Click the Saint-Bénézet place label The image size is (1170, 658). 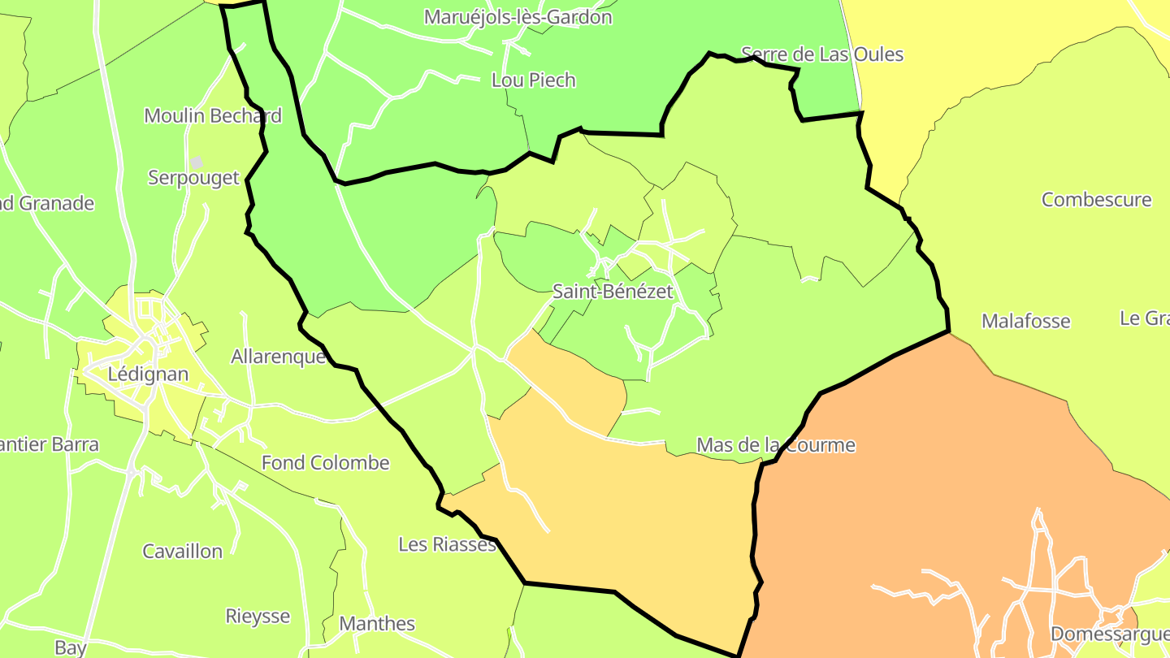613,291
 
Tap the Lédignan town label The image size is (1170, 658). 148,374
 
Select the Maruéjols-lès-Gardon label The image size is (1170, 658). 518,16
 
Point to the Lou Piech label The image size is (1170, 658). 534,80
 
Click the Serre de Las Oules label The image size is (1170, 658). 822,54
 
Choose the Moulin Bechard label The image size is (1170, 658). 213,115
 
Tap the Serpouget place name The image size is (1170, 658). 193,177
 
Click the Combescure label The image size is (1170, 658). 1097,199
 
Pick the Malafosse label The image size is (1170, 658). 1026,321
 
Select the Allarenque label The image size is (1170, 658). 279,356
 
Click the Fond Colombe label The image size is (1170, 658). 325,462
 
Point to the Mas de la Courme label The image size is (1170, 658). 776,444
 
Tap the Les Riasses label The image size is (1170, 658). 447,543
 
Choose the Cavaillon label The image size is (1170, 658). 182,551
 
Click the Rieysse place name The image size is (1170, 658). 258,616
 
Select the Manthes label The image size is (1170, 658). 377,623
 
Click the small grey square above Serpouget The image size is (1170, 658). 197,162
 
